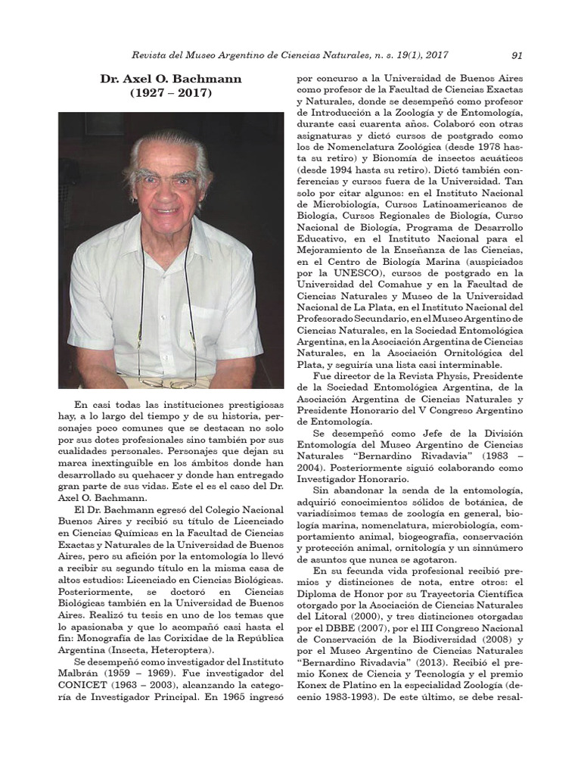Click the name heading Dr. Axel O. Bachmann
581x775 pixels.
(160, 79)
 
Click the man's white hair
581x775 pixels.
(167, 144)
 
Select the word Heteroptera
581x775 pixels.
(182, 649)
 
